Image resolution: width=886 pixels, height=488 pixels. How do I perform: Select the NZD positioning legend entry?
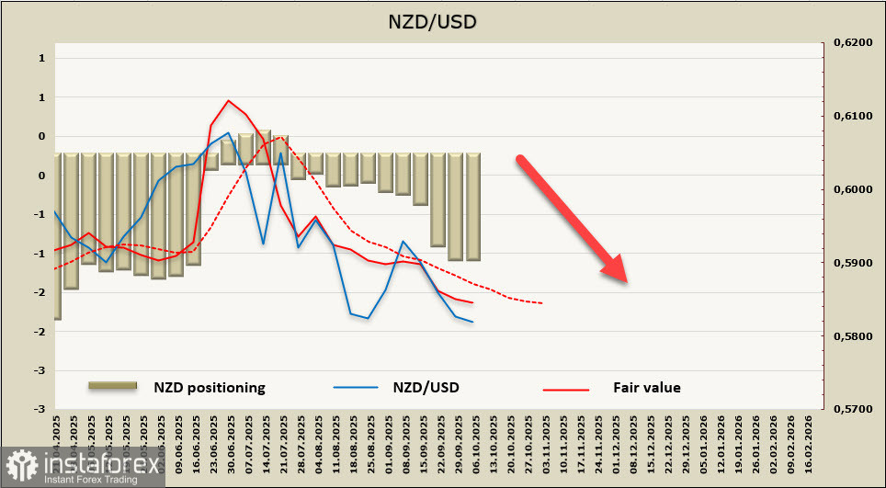pos(209,388)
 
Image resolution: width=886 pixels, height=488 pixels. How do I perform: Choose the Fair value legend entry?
pos(646,388)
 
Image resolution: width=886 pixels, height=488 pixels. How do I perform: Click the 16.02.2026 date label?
pos(809,439)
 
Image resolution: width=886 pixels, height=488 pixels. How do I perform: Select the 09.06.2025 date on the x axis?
pos(177,439)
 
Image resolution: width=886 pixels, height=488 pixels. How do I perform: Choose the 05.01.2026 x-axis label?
pos(703,439)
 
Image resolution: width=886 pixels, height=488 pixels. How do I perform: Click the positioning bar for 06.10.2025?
pos(473,207)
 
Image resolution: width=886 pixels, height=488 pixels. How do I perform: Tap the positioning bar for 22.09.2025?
pos(438,199)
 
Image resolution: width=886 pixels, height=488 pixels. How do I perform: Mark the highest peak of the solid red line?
pos(229,101)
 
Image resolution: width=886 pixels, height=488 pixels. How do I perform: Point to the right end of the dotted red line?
pos(542,303)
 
